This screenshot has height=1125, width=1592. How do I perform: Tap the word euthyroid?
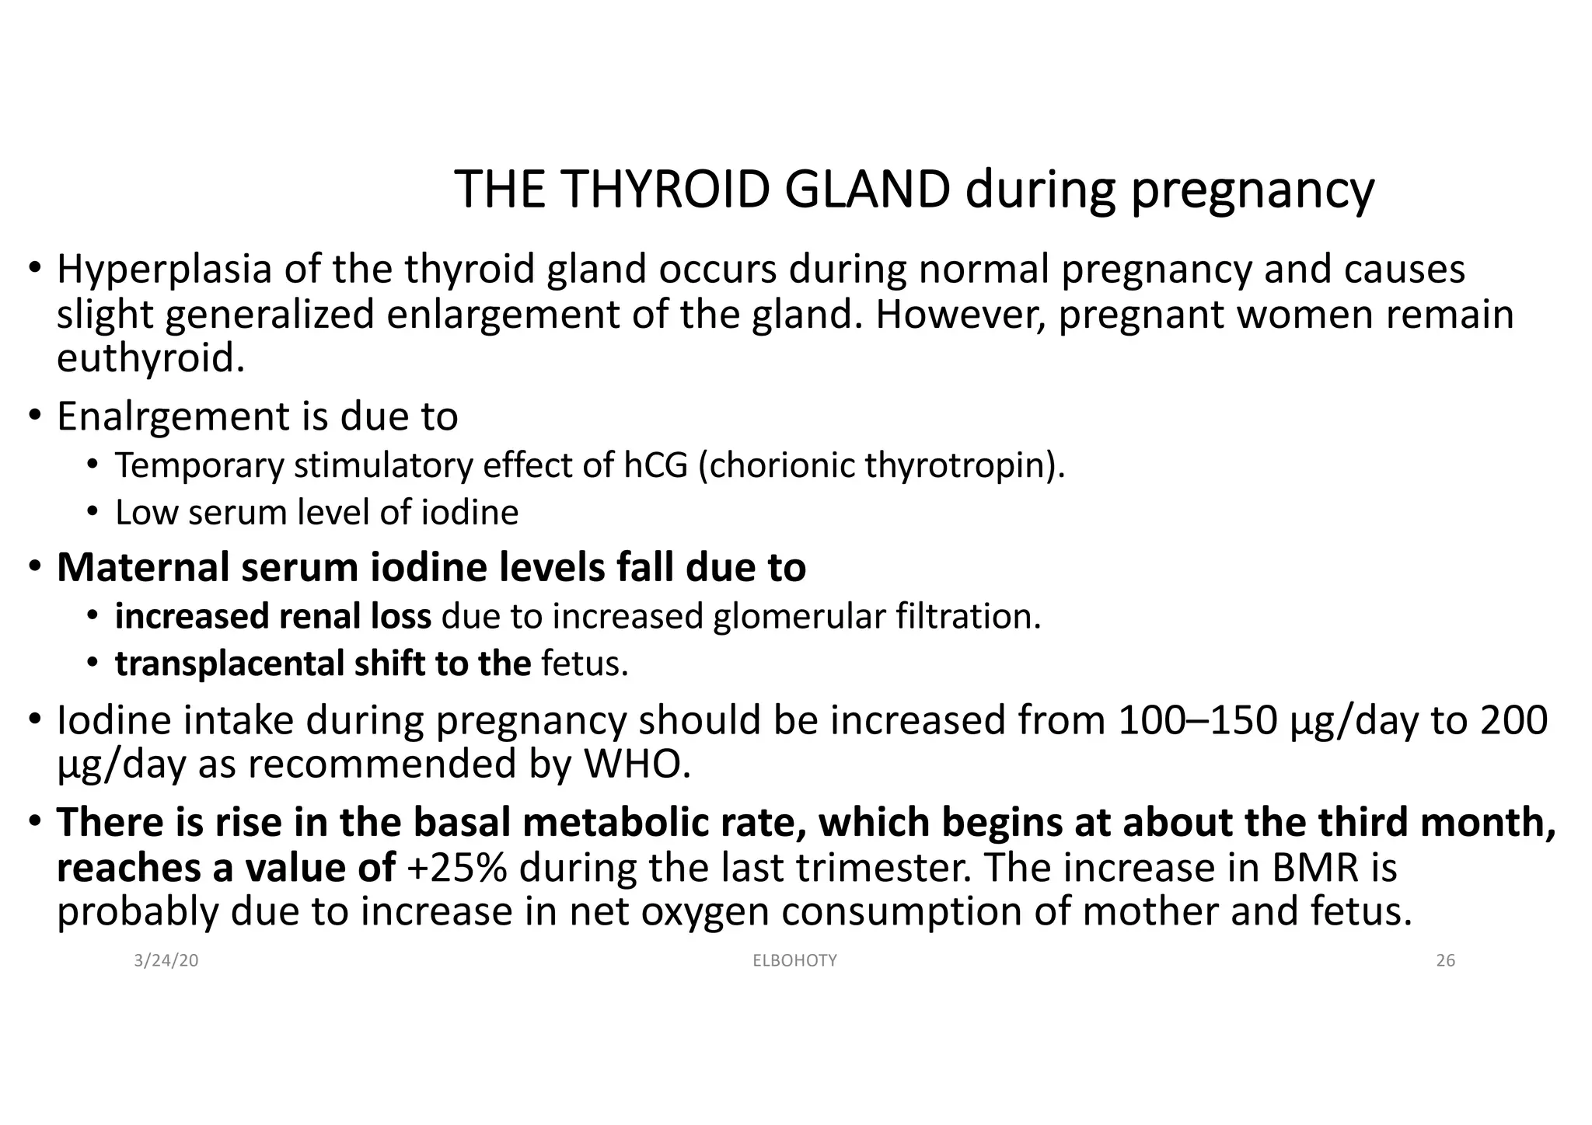tap(150, 359)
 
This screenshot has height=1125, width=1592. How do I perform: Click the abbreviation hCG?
tap(655, 466)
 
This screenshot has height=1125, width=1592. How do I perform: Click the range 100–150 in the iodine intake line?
tap(1197, 721)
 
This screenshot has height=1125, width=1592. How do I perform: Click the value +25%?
tap(456, 868)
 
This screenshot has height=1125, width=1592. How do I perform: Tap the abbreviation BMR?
tap(1315, 868)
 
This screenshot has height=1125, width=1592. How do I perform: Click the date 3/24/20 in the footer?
tap(166, 961)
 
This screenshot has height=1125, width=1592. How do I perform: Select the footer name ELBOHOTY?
tap(795, 961)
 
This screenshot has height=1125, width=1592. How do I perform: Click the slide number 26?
tap(1445, 961)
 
